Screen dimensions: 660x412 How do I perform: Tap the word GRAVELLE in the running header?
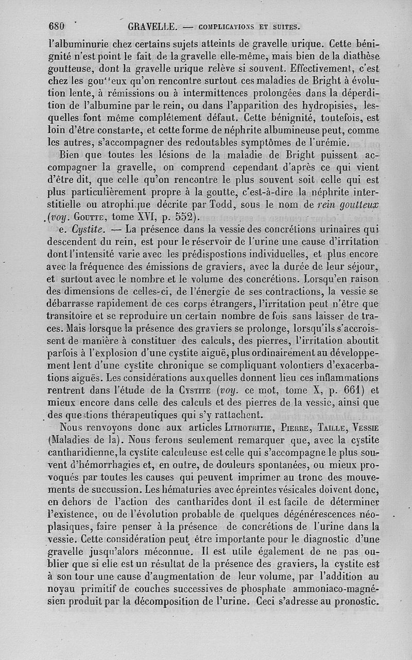click(152, 26)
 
